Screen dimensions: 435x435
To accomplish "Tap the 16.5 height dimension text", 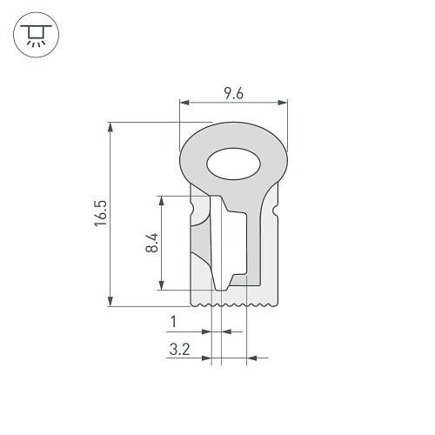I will point(101,213).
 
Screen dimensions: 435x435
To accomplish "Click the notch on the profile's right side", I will point(276,211).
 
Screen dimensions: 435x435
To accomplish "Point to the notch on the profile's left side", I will point(189,211).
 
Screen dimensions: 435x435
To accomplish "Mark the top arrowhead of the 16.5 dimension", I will point(110,127).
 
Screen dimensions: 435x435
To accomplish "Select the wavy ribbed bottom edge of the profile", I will point(232,304).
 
